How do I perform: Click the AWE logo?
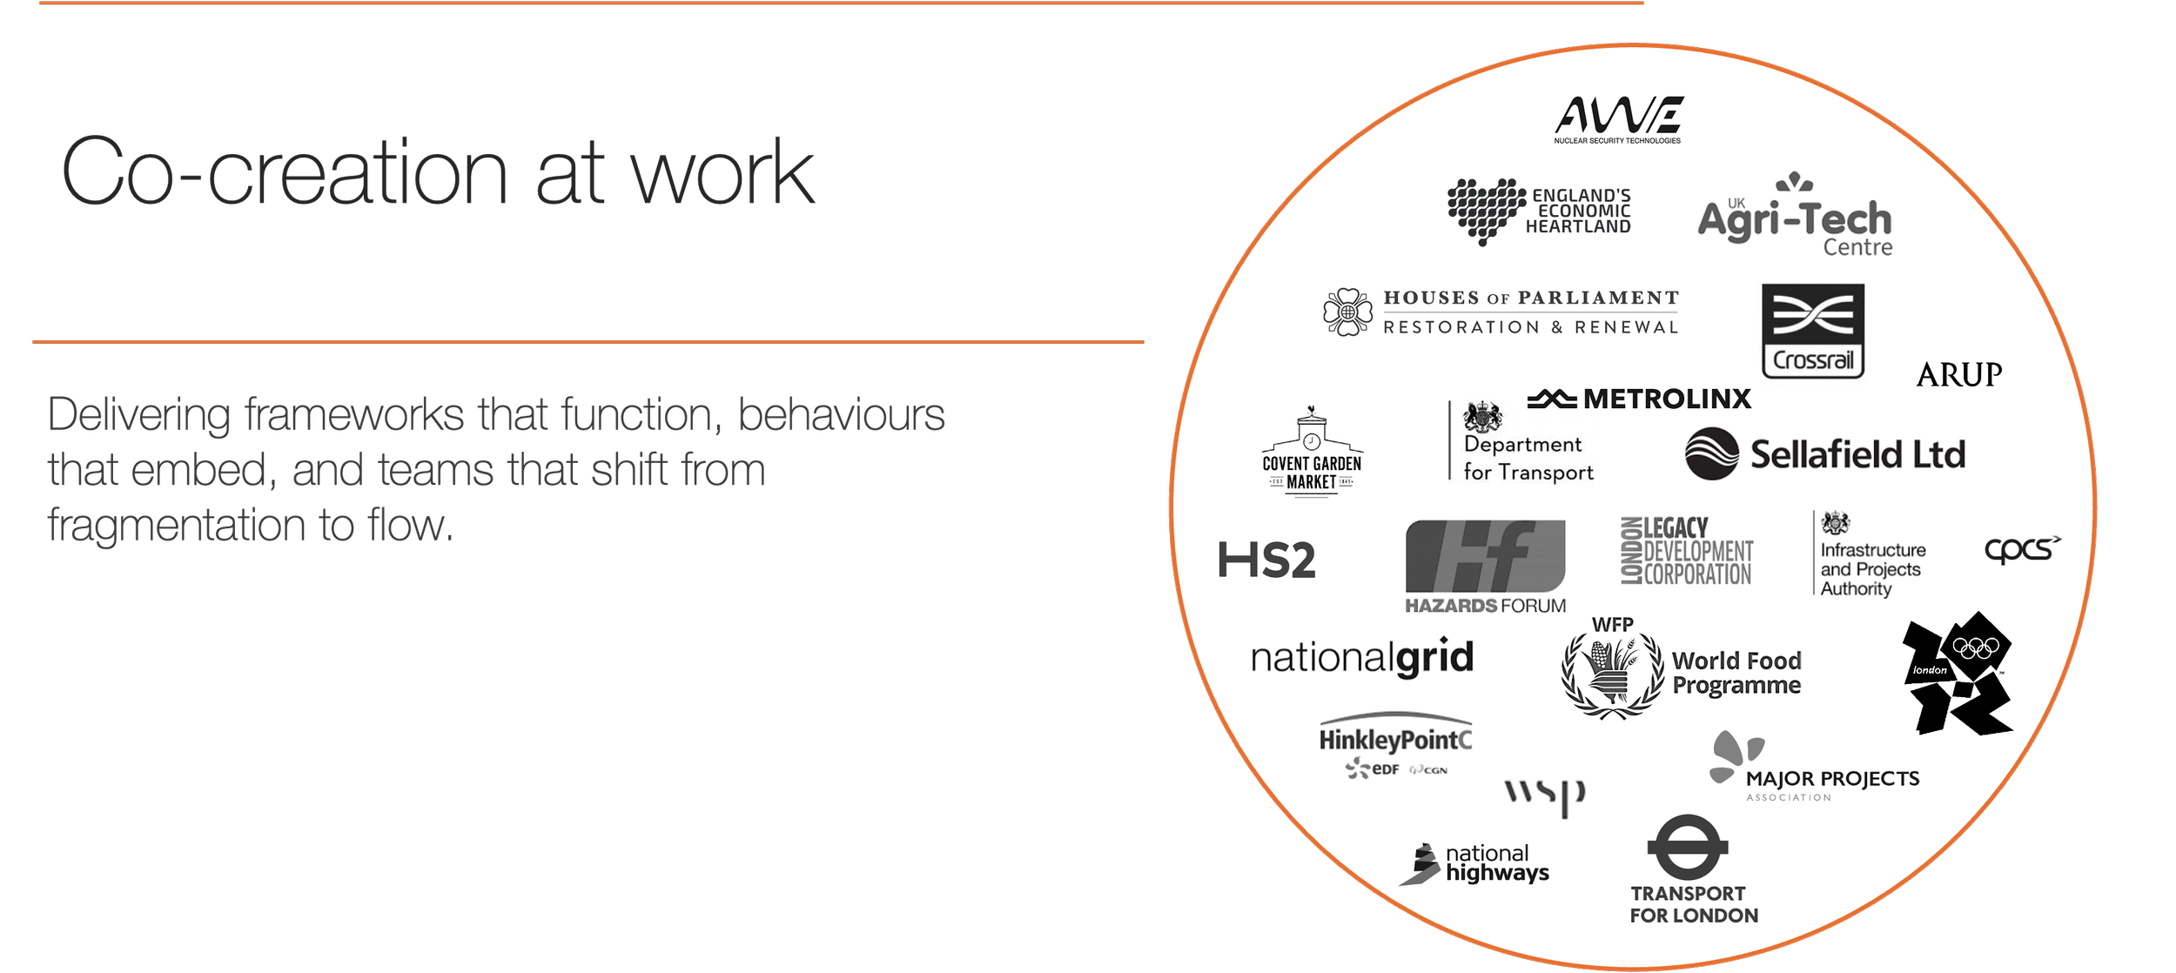(x=1618, y=119)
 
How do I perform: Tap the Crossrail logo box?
(x=1813, y=331)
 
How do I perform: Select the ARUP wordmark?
(x=1959, y=375)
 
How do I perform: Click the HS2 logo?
(x=1266, y=560)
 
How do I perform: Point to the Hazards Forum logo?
(x=1485, y=567)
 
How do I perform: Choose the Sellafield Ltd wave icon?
(x=1711, y=453)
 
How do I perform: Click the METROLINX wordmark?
(x=1666, y=399)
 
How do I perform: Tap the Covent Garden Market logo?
(x=1312, y=453)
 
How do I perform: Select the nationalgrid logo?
(x=1362, y=658)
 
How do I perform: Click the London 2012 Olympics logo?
(x=1958, y=673)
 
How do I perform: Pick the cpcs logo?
(x=2021, y=550)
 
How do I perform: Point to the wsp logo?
(x=1545, y=795)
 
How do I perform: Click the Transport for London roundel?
(x=1687, y=847)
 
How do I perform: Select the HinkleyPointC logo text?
(x=1395, y=741)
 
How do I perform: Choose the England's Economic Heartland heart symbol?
(x=1486, y=210)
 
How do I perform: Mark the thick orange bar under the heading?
(x=588, y=351)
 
